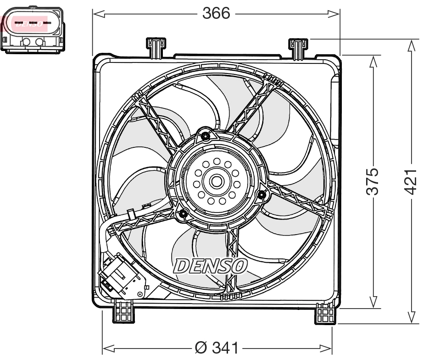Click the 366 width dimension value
[x=216, y=14]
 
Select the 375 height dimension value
[x=373, y=181]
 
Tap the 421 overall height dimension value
[x=412, y=181]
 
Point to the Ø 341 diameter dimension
[x=216, y=348]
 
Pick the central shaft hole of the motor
[x=216, y=181]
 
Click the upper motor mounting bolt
[x=205, y=136]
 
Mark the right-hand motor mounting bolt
[x=262, y=196]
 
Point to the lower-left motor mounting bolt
[x=183, y=214]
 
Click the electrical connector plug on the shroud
[x=120, y=276]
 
